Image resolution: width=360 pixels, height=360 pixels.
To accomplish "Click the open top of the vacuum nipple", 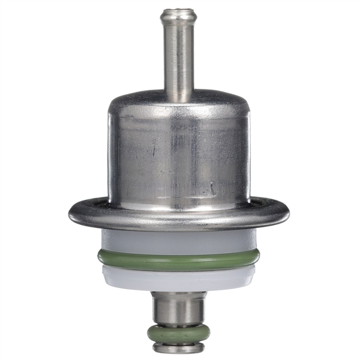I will [179, 11].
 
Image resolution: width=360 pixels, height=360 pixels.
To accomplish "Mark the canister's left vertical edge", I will [110, 156].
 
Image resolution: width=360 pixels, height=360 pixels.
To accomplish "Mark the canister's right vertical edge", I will [248, 156].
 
